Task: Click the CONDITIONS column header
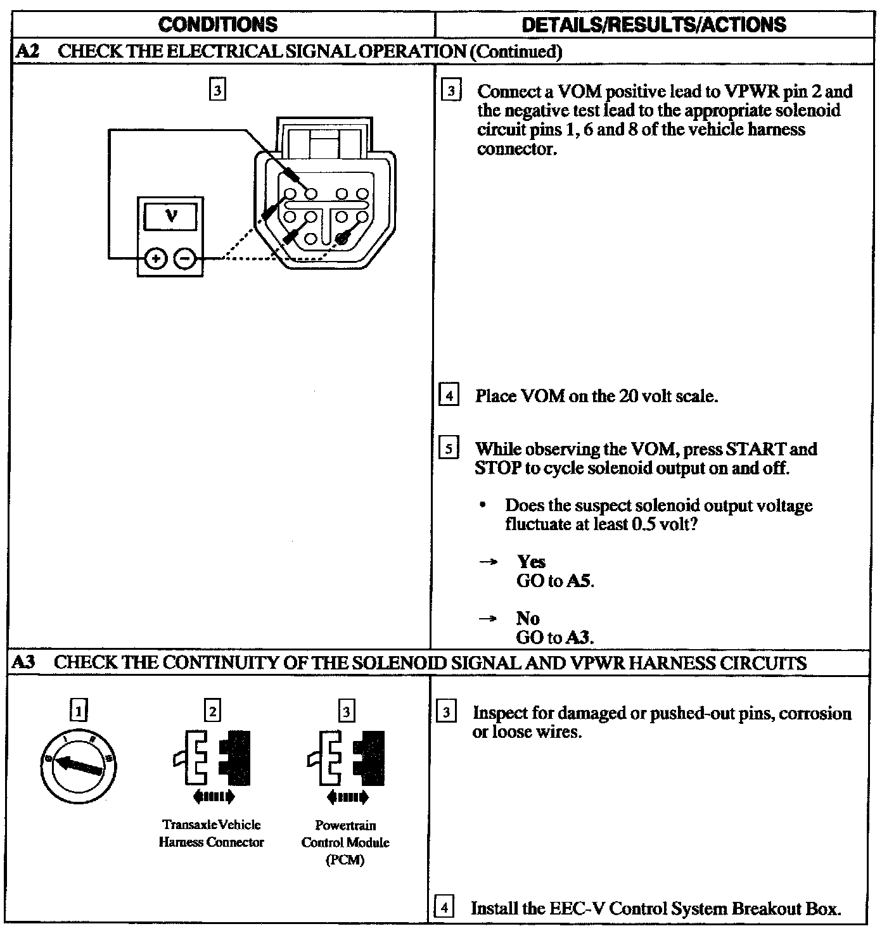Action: [x=218, y=25]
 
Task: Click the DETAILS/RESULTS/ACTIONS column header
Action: [x=654, y=25]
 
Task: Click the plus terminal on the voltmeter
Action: [x=156, y=258]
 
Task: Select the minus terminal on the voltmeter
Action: [x=185, y=258]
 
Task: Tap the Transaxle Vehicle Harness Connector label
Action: [x=211, y=833]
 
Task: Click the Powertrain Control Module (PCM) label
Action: [x=345, y=842]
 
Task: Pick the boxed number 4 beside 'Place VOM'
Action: [x=449, y=396]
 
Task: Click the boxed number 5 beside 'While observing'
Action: [x=449, y=449]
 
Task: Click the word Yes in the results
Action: [x=531, y=562]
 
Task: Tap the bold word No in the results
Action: [x=527, y=618]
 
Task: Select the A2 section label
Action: [x=27, y=51]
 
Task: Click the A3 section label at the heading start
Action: [x=24, y=662]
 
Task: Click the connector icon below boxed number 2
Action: [x=211, y=759]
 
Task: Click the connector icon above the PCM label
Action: [x=346, y=759]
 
